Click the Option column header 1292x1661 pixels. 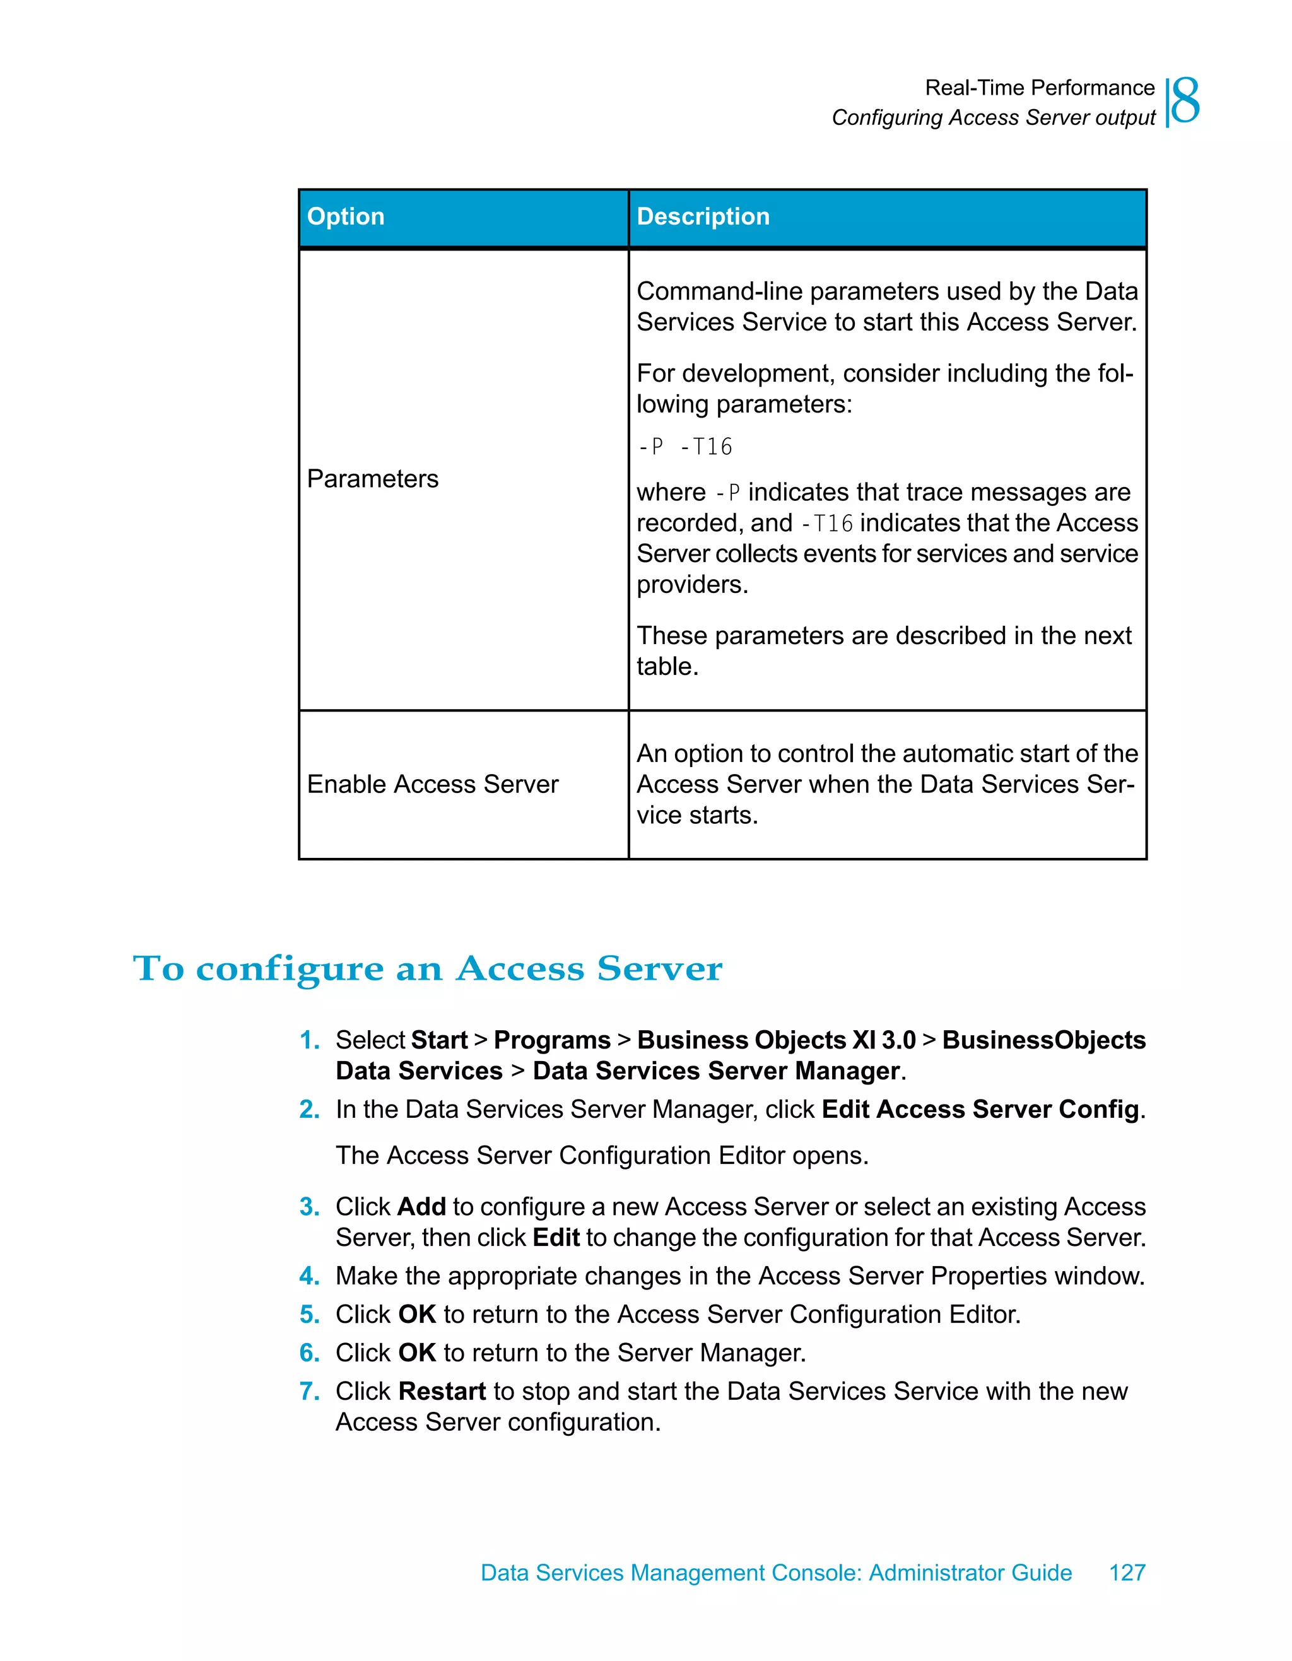pyautogui.click(x=346, y=217)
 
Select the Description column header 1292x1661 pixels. pyautogui.click(x=703, y=217)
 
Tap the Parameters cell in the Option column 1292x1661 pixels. pyautogui.click(x=373, y=479)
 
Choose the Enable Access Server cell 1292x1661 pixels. pyautogui.click(x=433, y=784)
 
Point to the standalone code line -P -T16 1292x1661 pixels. pyautogui.click(x=684, y=447)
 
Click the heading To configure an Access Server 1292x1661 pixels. pyautogui.click(x=427, y=969)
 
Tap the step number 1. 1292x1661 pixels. pyautogui.click(x=308, y=1040)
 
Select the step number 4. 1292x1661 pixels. pyautogui.click(x=308, y=1276)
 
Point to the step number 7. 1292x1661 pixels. pyautogui.click(x=308, y=1392)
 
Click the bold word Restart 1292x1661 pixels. pyautogui.click(x=442, y=1392)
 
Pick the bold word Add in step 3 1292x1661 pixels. pyautogui.click(x=421, y=1207)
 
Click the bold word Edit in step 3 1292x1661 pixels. pyautogui.click(x=556, y=1238)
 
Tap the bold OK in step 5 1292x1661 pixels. pyautogui.click(x=417, y=1315)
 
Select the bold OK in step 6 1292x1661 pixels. pyautogui.click(x=417, y=1353)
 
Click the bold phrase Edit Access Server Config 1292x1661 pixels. pyautogui.click(x=980, y=1110)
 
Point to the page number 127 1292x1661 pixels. pyautogui.click(x=1127, y=1572)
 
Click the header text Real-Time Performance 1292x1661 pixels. pyautogui.click(x=1040, y=88)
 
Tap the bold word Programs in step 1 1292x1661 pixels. pyautogui.click(x=552, y=1040)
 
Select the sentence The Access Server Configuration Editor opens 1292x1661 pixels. pyautogui.click(x=601, y=1156)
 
